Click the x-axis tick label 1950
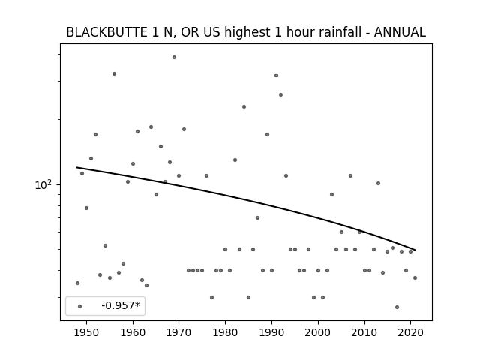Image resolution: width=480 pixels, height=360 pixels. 87,332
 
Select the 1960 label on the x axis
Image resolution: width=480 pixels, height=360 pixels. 133,332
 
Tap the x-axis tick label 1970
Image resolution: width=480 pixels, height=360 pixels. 178,332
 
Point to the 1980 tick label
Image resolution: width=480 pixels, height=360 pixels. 225,332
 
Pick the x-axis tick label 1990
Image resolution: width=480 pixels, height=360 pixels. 271,332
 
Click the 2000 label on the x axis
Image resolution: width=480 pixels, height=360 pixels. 318,332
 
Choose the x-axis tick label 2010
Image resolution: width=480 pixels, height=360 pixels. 364,332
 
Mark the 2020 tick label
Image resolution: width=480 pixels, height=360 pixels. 410,332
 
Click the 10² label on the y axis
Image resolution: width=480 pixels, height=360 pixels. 43,185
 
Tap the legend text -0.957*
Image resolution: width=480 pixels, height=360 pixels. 121,305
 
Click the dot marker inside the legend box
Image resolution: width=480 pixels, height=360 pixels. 80,306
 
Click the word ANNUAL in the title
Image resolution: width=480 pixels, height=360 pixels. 400,32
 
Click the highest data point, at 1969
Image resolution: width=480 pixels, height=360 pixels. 174,57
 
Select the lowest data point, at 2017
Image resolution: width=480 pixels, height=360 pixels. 397,307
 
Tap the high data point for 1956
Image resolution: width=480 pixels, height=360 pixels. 114,73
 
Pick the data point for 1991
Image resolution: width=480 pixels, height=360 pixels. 276,75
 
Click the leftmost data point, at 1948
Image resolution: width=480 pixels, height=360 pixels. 77,283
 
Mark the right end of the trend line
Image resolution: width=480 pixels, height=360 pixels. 415,250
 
